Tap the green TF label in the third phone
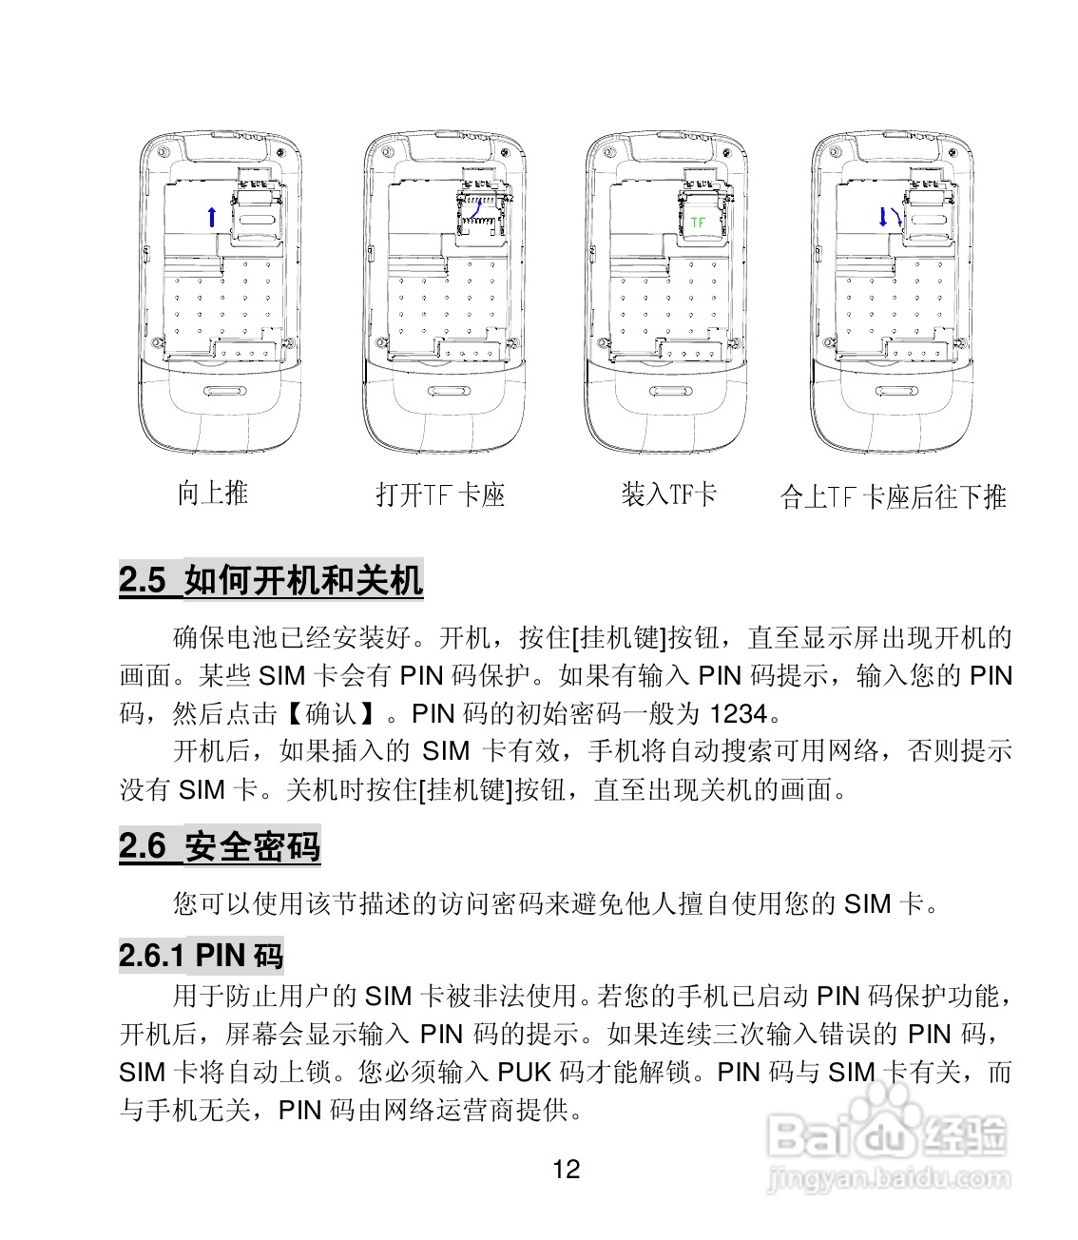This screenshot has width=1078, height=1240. click(699, 222)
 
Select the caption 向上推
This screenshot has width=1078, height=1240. click(212, 493)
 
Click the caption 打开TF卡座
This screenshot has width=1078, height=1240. click(440, 494)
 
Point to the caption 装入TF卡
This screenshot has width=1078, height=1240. click(668, 494)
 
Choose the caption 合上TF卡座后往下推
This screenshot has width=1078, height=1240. click(893, 496)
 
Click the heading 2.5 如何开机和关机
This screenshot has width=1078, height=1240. click(271, 579)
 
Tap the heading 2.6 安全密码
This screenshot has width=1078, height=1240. click(220, 845)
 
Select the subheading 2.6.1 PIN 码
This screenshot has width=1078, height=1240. click(202, 955)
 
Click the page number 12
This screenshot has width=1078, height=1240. click(566, 1169)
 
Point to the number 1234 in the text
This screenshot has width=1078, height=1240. click(738, 713)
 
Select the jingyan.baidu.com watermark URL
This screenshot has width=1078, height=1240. click(888, 1180)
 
